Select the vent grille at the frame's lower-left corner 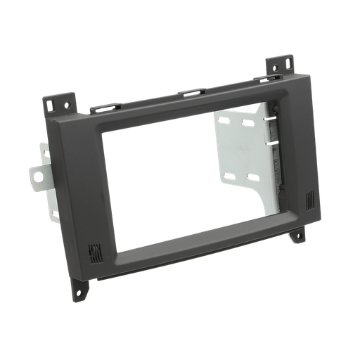(x=94, y=251)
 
